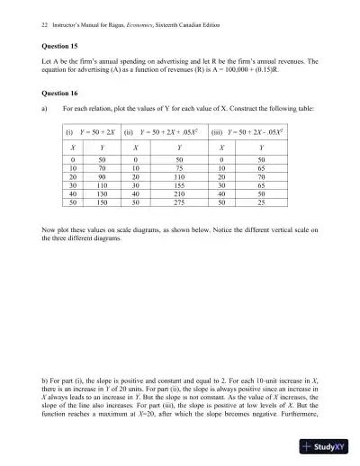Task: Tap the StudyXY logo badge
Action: [324, 445]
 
